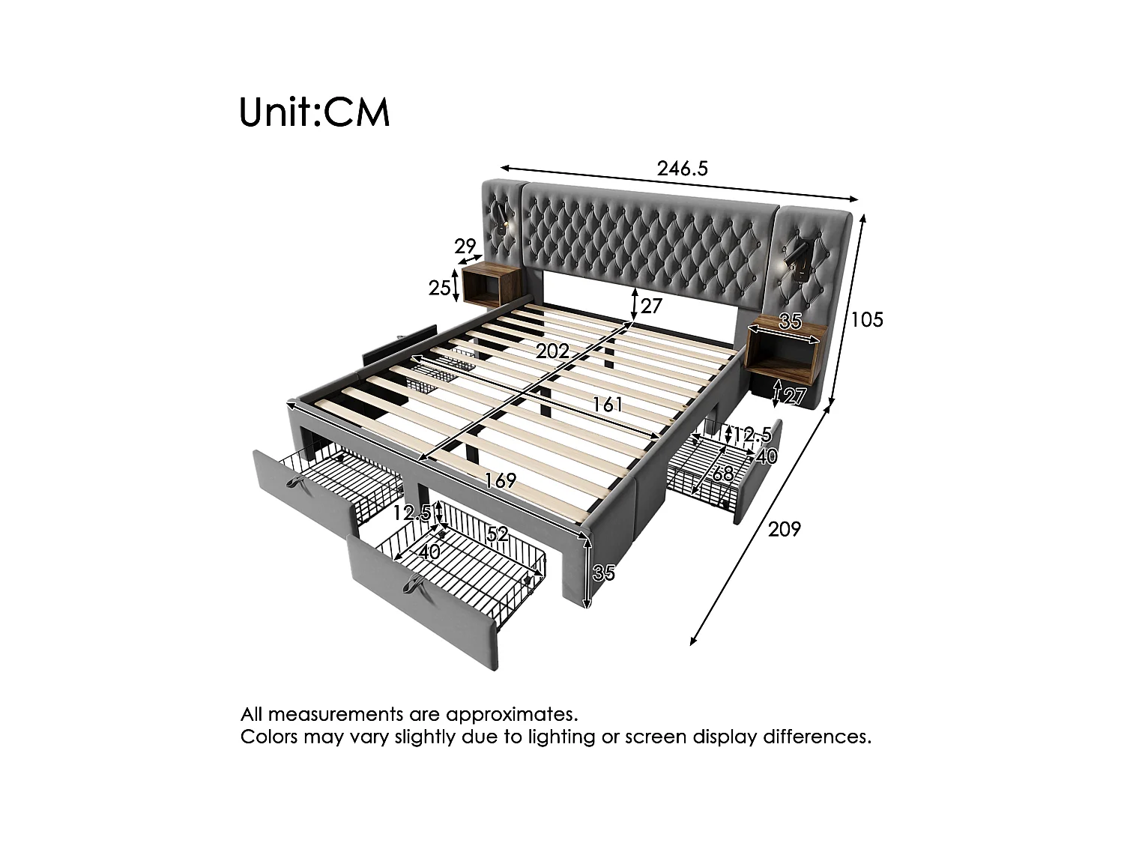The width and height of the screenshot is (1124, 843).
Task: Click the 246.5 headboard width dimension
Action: tap(682, 169)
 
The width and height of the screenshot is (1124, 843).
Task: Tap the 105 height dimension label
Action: tap(867, 320)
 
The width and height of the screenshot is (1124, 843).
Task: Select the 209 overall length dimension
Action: tap(785, 530)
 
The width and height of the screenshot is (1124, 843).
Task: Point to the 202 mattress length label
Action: tap(552, 351)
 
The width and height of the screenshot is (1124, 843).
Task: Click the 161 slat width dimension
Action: tap(608, 405)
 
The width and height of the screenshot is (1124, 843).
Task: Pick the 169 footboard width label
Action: tap(501, 480)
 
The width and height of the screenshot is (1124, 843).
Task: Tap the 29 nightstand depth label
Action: tap(465, 246)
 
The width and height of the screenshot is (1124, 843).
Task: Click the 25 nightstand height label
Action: tap(440, 287)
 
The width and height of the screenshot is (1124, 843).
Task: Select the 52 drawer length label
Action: tap(498, 534)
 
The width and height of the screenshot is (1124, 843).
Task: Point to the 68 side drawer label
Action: tap(722, 474)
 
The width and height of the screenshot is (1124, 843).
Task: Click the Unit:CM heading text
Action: tap(315, 112)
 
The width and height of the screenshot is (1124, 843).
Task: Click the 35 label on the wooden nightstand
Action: tap(790, 322)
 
